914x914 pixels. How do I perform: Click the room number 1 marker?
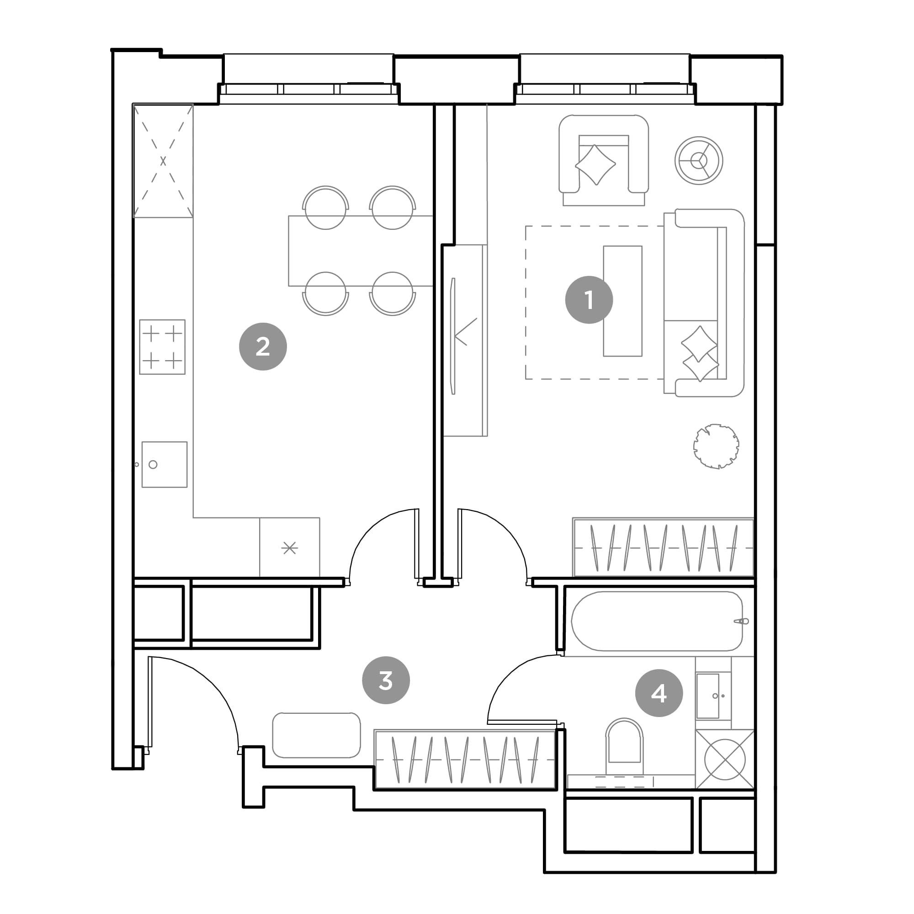tap(589, 300)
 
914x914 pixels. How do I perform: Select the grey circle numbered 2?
tap(263, 347)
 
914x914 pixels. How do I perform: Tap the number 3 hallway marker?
tap(386, 680)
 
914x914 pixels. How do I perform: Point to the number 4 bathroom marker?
tap(659, 693)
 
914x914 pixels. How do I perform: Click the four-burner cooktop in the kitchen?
tap(162, 347)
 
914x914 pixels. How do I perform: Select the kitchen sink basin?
tap(165, 465)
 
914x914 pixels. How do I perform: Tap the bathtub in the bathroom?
tap(657, 621)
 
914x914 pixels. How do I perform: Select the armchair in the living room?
tap(604, 160)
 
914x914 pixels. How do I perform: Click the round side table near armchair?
tap(699, 160)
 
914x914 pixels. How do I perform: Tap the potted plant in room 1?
tap(716, 446)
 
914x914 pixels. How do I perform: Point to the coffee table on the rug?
tap(622, 301)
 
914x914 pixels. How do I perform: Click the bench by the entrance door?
tap(317, 735)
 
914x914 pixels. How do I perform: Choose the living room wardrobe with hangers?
tap(663, 547)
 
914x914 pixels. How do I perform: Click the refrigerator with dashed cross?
tap(163, 161)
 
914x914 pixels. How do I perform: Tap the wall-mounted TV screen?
tap(453, 336)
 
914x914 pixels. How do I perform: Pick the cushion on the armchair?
tap(595, 164)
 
